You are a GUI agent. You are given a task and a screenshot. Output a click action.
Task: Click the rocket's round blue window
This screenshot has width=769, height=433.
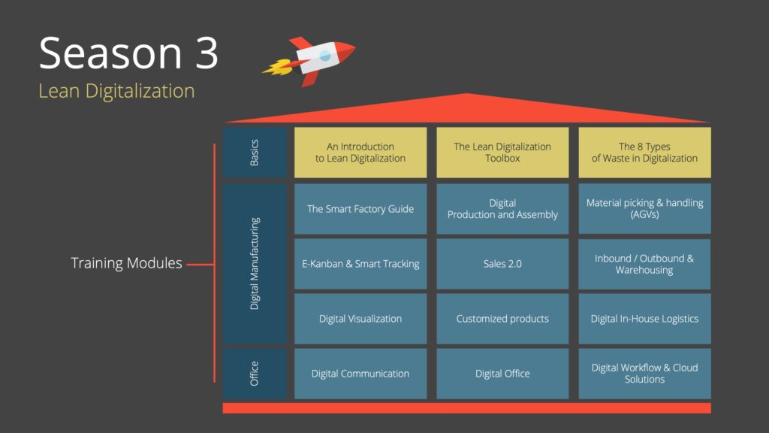(x=324, y=56)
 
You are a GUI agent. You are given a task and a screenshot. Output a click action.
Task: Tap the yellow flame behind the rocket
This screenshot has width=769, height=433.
(x=278, y=67)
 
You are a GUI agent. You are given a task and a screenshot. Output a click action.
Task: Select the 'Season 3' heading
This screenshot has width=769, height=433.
(x=128, y=53)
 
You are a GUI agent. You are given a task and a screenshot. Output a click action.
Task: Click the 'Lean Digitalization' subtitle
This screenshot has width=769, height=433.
(x=116, y=91)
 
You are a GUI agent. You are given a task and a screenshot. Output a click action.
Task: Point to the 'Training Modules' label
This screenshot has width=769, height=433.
(x=126, y=263)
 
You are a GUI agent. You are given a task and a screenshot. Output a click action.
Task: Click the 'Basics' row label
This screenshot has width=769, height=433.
(x=254, y=153)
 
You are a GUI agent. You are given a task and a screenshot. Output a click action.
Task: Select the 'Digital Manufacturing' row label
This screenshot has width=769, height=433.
(x=254, y=264)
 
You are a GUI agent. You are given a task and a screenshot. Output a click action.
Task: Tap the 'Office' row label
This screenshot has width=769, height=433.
(x=254, y=374)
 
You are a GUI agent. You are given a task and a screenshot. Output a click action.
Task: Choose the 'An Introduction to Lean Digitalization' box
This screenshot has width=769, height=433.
(x=360, y=153)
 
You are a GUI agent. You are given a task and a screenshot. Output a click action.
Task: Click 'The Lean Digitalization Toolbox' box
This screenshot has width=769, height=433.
(x=502, y=153)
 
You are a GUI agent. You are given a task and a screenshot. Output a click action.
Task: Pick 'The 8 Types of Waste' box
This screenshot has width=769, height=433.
(x=644, y=153)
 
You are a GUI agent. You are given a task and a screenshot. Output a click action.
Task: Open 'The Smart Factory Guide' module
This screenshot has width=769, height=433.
(x=360, y=209)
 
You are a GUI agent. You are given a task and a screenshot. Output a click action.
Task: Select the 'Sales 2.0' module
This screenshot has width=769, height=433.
(x=502, y=264)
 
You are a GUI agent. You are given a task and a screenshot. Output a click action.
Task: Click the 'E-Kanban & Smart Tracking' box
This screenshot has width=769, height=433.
(x=360, y=264)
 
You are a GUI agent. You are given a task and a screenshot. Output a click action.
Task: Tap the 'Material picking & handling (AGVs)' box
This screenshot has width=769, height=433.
(x=644, y=209)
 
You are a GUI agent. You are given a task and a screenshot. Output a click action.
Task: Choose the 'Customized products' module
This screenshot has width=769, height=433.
(x=502, y=319)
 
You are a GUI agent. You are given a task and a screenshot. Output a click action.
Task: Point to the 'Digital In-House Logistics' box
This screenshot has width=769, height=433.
(x=644, y=319)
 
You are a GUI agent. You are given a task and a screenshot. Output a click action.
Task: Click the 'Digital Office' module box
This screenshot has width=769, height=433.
(x=502, y=374)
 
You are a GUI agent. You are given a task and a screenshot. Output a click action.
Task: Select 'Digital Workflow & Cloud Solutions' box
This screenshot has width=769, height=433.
(x=644, y=374)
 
